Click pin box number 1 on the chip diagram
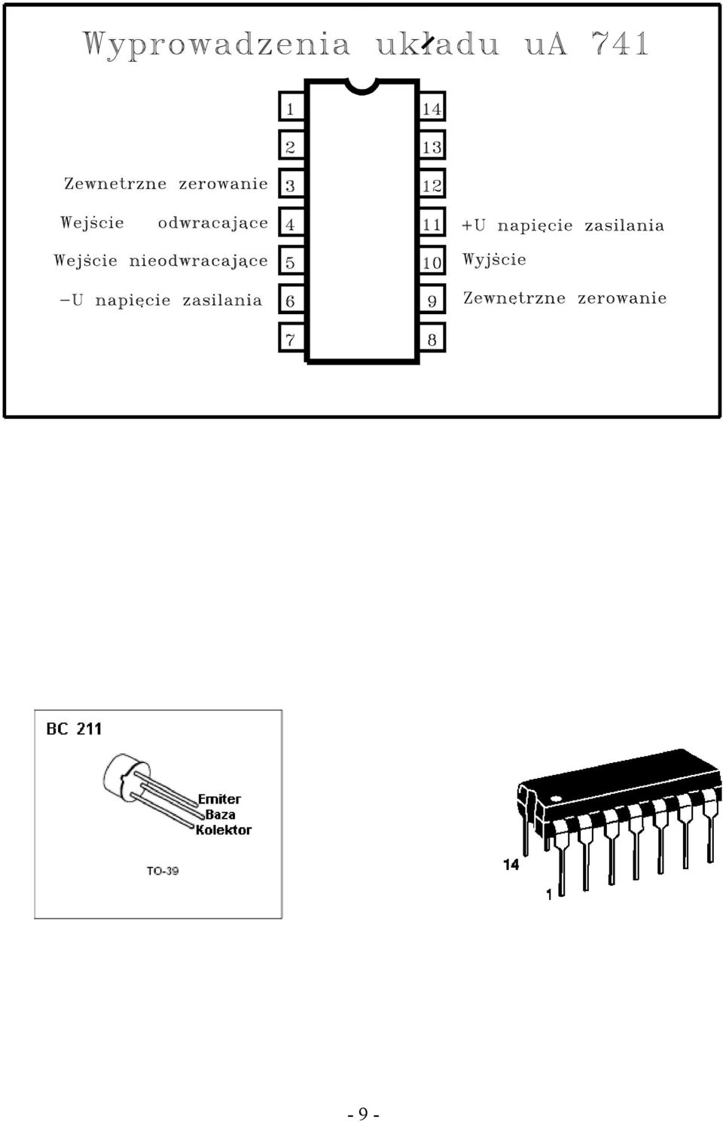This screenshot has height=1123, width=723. pyautogui.click(x=291, y=107)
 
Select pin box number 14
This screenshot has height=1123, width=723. pyautogui.click(x=432, y=107)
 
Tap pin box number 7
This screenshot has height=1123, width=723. pyautogui.click(x=291, y=338)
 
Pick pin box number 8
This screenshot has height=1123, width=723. pyautogui.click(x=432, y=338)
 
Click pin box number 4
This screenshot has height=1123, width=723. pyautogui.click(x=291, y=223)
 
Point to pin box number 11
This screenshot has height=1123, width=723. pyautogui.click(x=432, y=223)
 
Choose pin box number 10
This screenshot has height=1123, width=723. pyautogui.click(x=432, y=261)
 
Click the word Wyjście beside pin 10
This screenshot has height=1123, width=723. pyautogui.click(x=494, y=260)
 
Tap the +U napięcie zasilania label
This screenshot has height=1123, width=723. pyautogui.click(x=563, y=225)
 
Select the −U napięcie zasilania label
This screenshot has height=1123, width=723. pyautogui.click(x=161, y=300)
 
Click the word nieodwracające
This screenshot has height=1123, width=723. pyautogui.click(x=199, y=261)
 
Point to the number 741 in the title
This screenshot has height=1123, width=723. pyautogui.click(x=621, y=43)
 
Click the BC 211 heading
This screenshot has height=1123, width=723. pyautogui.click(x=74, y=728)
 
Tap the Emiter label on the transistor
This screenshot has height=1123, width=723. pyautogui.click(x=219, y=799)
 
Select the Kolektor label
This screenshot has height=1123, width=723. pyautogui.click(x=224, y=830)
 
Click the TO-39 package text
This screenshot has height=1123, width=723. pyautogui.click(x=163, y=871)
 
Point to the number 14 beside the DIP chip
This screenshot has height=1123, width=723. pyautogui.click(x=511, y=865)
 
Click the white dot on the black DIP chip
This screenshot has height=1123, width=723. pyautogui.click(x=556, y=798)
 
